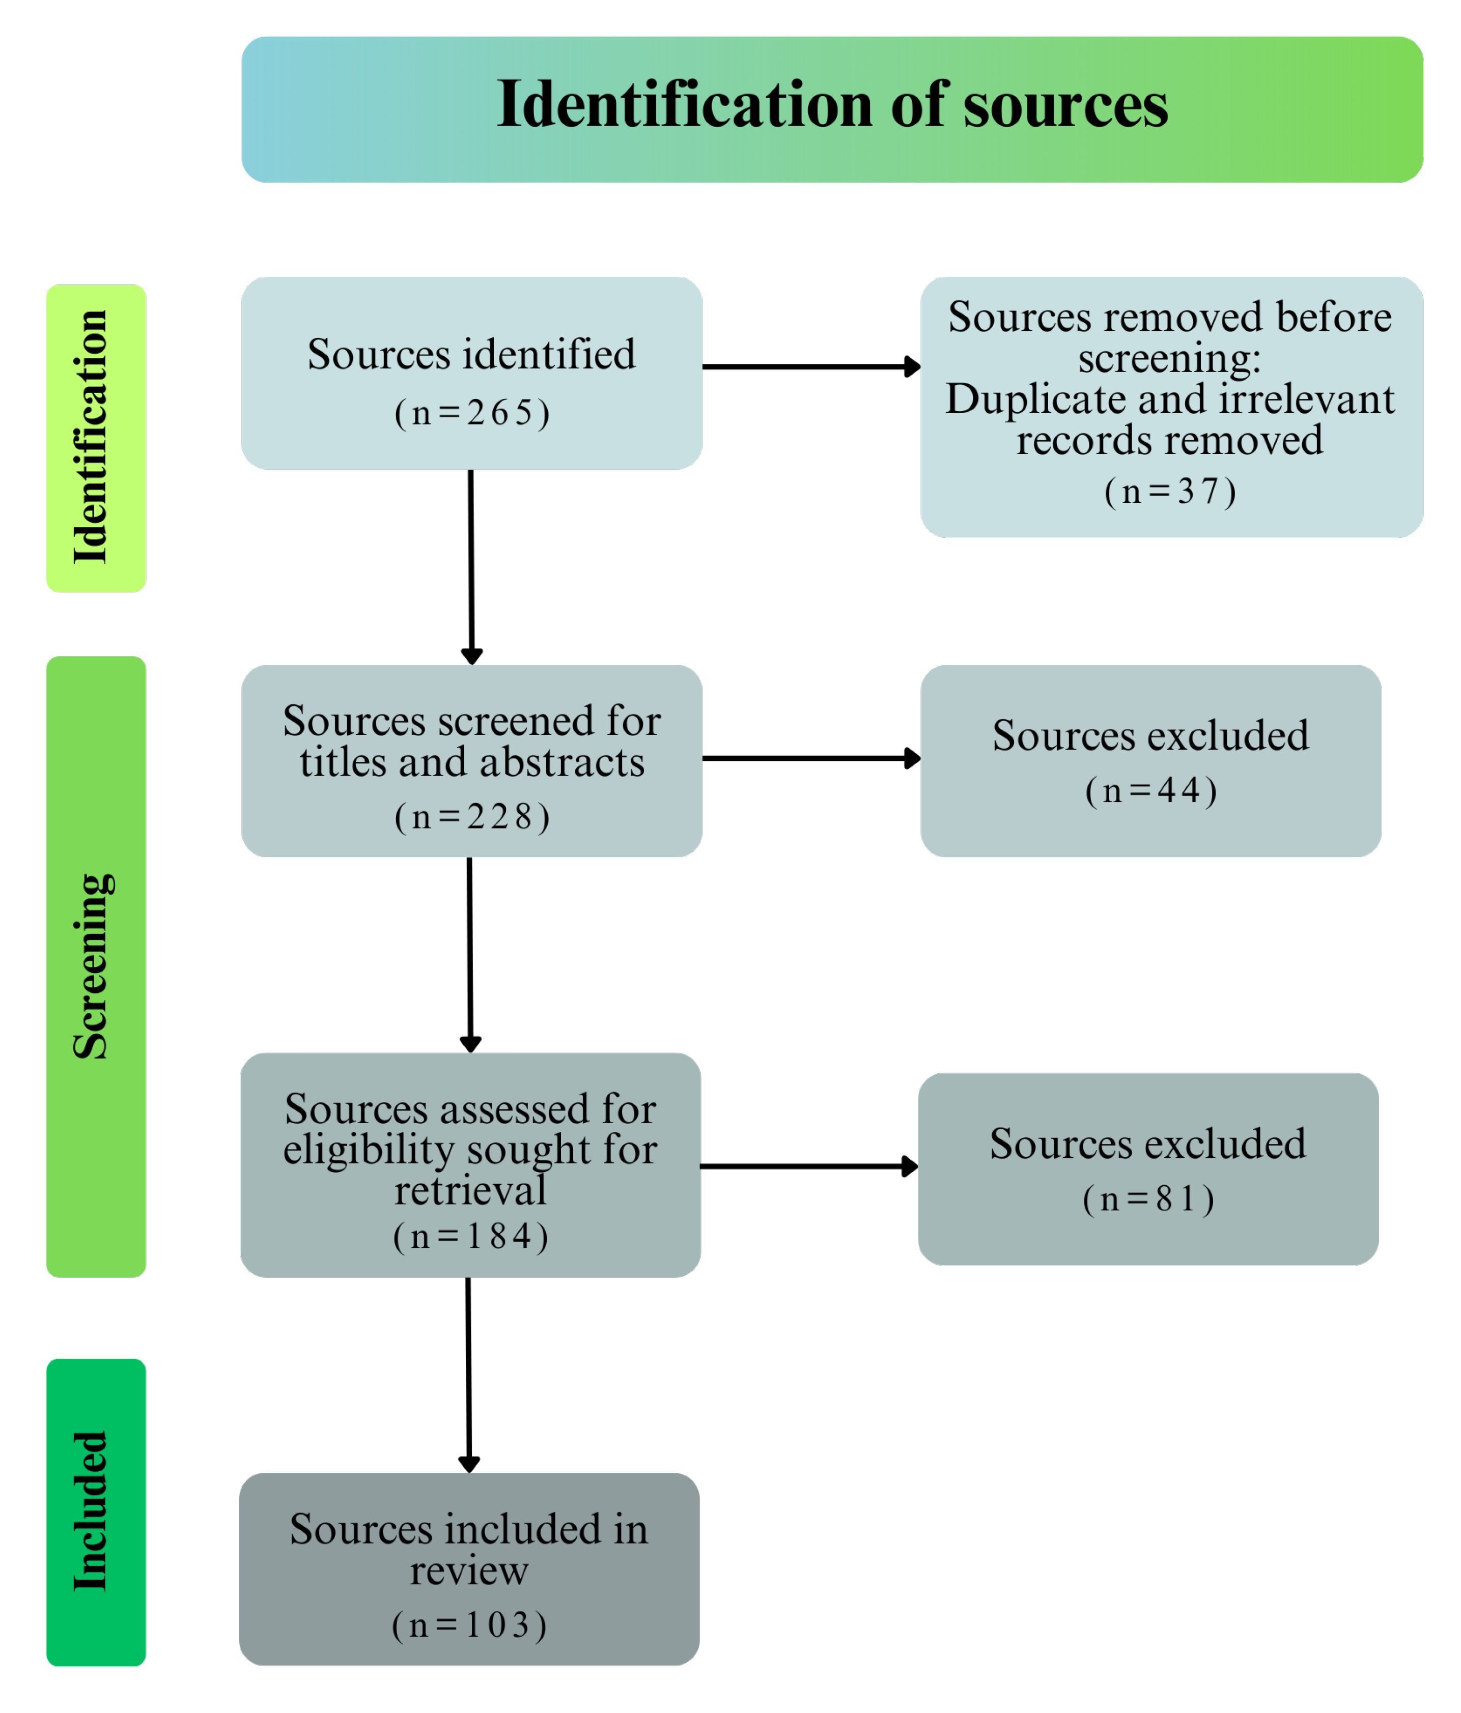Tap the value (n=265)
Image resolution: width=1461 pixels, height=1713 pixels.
point(471,413)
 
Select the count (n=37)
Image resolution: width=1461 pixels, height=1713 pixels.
point(1169,491)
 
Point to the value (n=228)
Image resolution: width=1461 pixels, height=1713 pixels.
point(471,817)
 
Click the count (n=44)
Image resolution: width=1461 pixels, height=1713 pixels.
point(1150,790)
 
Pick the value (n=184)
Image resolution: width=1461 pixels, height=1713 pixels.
point(470,1236)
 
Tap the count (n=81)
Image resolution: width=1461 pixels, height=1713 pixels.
point(1147,1199)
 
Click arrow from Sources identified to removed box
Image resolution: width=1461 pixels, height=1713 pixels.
point(810,366)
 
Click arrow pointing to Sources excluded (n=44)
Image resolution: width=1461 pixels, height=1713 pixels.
point(810,758)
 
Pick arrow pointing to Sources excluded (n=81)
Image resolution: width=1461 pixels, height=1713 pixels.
point(808,1166)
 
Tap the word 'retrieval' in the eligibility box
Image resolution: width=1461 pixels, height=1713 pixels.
point(470,1190)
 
